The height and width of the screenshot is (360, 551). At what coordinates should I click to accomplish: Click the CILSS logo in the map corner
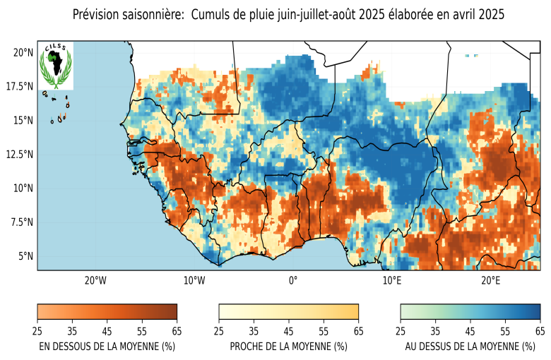(55, 65)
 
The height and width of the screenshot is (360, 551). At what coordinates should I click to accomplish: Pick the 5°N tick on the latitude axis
(25, 256)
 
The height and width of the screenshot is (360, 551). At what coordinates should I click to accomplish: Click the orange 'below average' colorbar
(107, 312)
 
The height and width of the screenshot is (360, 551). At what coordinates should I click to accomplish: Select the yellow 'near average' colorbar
(289, 312)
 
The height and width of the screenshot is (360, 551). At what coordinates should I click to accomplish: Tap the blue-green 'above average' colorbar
(470, 312)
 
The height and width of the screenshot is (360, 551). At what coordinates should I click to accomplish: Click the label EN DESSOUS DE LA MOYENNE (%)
(107, 347)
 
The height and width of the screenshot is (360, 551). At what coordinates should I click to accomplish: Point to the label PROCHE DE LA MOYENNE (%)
(289, 347)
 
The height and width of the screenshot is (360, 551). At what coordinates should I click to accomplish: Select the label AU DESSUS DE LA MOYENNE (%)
(470, 347)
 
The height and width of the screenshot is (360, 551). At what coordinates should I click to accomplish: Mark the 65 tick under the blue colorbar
(540, 330)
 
